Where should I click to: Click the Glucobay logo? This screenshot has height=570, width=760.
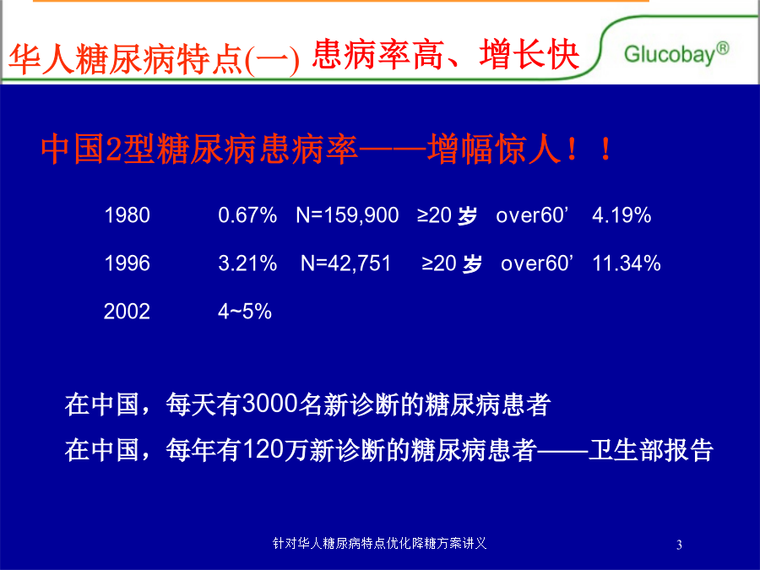[x=676, y=54]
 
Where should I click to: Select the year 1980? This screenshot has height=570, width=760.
[x=127, y=215]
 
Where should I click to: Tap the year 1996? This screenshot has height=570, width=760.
[x=127, y=263]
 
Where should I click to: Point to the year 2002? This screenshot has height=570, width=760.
[x=127, y=311]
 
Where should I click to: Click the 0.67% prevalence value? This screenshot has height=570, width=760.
[x=247, y=215]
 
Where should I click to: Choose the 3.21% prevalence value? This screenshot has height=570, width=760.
[x=247, y=263]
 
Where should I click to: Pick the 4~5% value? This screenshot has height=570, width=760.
[x=245, y=311]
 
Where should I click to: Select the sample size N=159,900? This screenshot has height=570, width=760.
[x=347, y=215]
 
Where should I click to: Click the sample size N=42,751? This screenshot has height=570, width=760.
[x=345, y=263]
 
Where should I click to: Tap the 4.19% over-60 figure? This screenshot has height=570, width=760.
[x=622, y=215]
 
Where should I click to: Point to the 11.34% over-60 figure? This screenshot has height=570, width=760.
[x=627, y=263]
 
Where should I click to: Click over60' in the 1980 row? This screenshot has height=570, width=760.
[x=532, y=215]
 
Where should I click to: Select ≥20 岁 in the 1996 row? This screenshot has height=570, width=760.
[x=452, y=263]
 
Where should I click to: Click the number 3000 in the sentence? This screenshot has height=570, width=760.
[x=269, y=404]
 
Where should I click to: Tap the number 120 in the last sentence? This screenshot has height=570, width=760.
[x=263, y=449]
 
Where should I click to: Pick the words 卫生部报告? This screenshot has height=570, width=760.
[x=650, y=450]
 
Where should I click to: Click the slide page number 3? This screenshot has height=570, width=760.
[x=679, y=545]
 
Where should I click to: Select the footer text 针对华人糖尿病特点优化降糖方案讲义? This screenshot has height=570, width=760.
[x=379, y=543]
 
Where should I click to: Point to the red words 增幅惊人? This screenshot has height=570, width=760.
[x=494, y=149]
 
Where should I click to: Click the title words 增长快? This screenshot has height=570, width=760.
[x=529, y=54]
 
